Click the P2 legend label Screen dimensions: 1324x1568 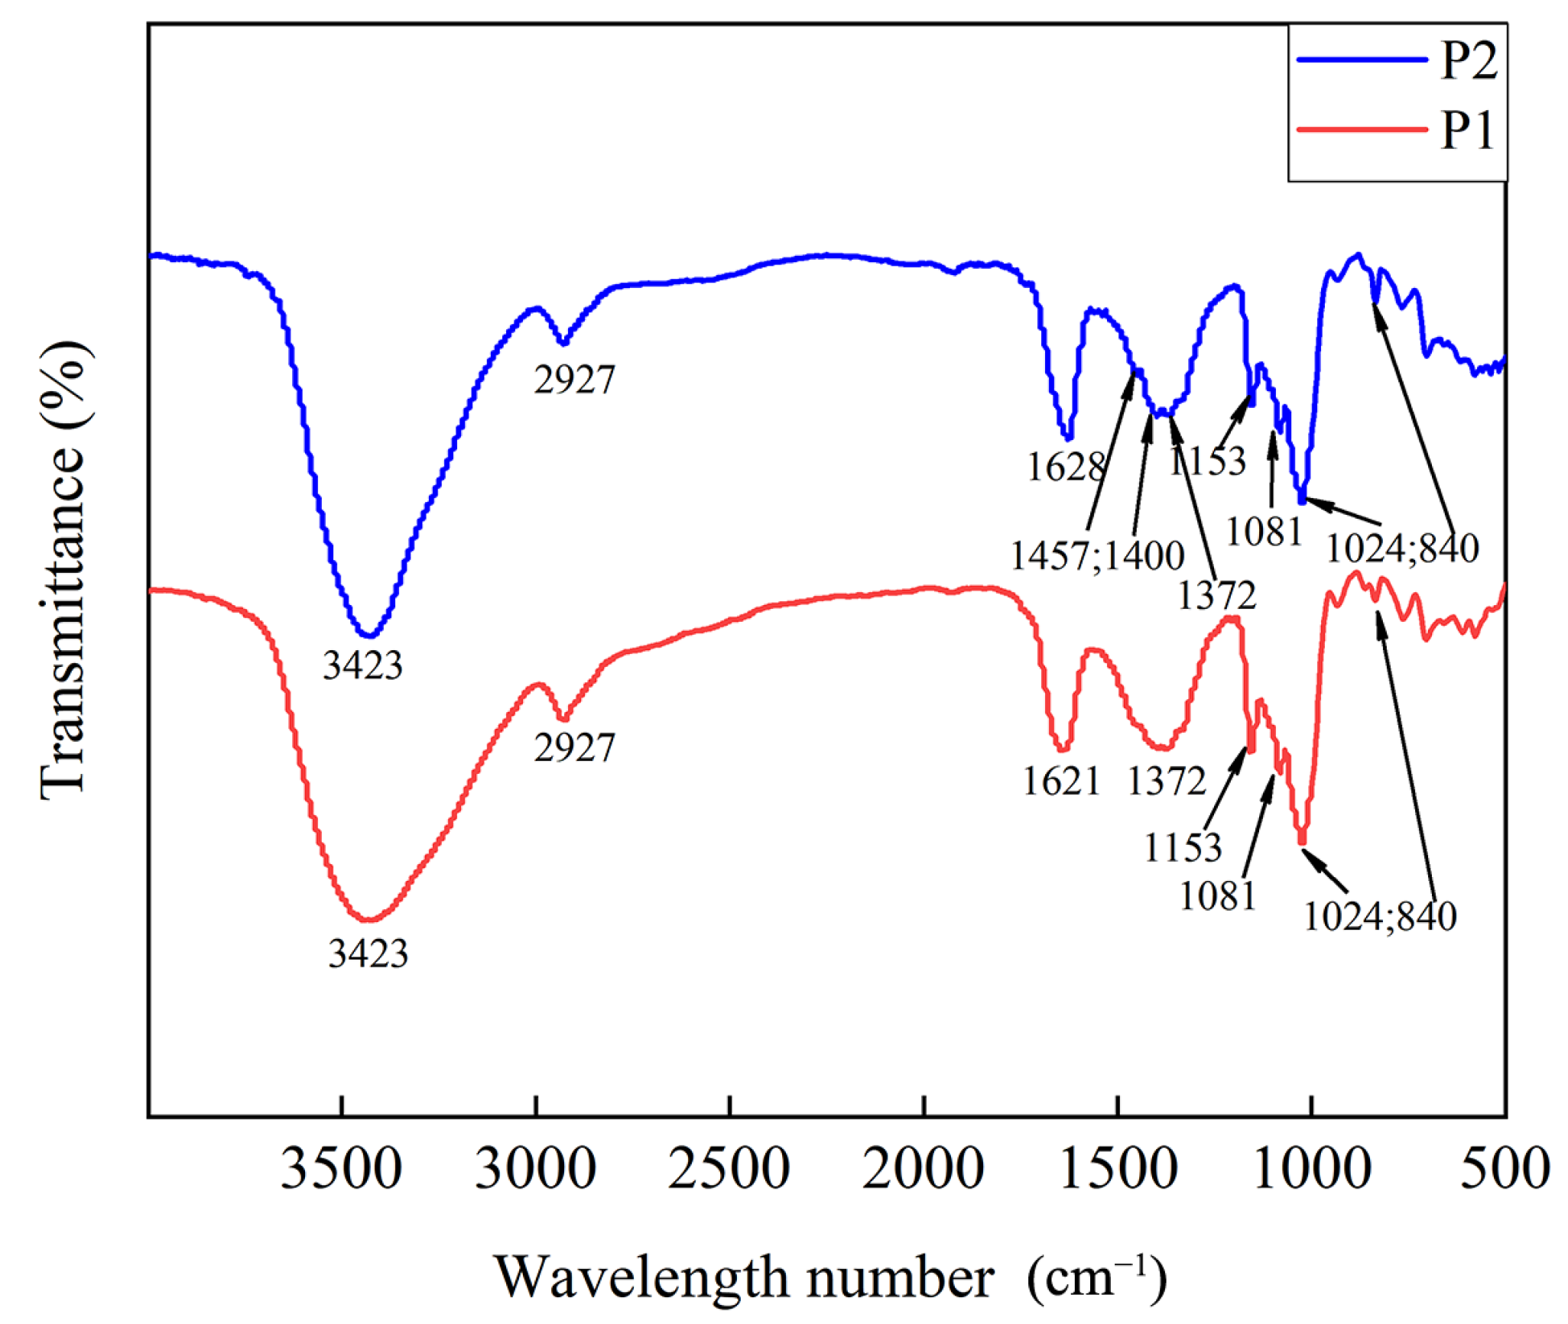tap(1469, 60)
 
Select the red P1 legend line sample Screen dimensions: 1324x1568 tap(1362, 129)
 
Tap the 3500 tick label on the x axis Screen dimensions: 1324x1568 tap(341, 1170)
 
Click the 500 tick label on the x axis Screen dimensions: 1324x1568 tap(1505, 1170)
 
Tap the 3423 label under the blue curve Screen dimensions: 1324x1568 tap(362, 665)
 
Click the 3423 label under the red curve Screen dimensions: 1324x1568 tap(368, 953)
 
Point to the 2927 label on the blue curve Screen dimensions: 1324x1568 tap(573, 380)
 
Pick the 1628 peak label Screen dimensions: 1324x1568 tap(1066, 467)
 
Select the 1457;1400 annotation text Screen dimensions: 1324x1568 tap(1097, 555)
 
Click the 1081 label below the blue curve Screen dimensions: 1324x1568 tap(1264, 531)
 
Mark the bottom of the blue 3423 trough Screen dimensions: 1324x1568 tap(368, 635)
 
